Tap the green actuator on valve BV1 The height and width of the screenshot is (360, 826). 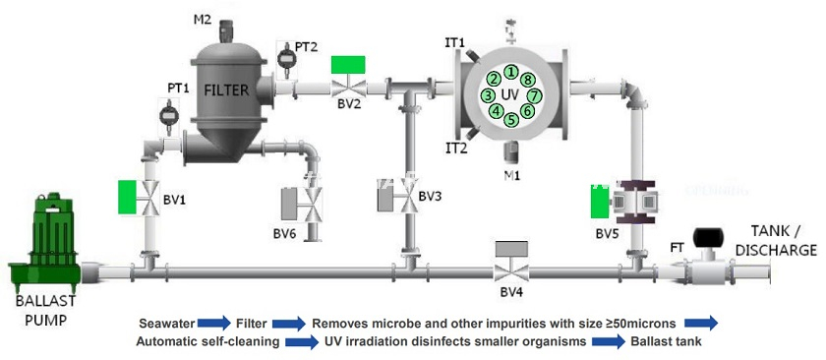click(127, 196)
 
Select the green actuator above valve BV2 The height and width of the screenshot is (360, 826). click(347, 65)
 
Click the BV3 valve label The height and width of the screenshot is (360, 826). click(430, 196)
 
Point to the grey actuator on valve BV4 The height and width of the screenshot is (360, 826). click(510, 250)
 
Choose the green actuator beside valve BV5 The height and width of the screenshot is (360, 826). click(598, 202)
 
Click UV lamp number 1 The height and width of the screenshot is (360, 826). click(512, 71)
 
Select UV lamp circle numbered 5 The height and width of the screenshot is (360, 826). click(511, 120)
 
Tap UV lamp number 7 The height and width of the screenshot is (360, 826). click(535, 95)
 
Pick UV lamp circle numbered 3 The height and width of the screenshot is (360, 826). click(488, 95)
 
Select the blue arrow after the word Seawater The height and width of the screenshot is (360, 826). click(213, 322)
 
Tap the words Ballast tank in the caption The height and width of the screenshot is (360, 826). click(671, 341)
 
